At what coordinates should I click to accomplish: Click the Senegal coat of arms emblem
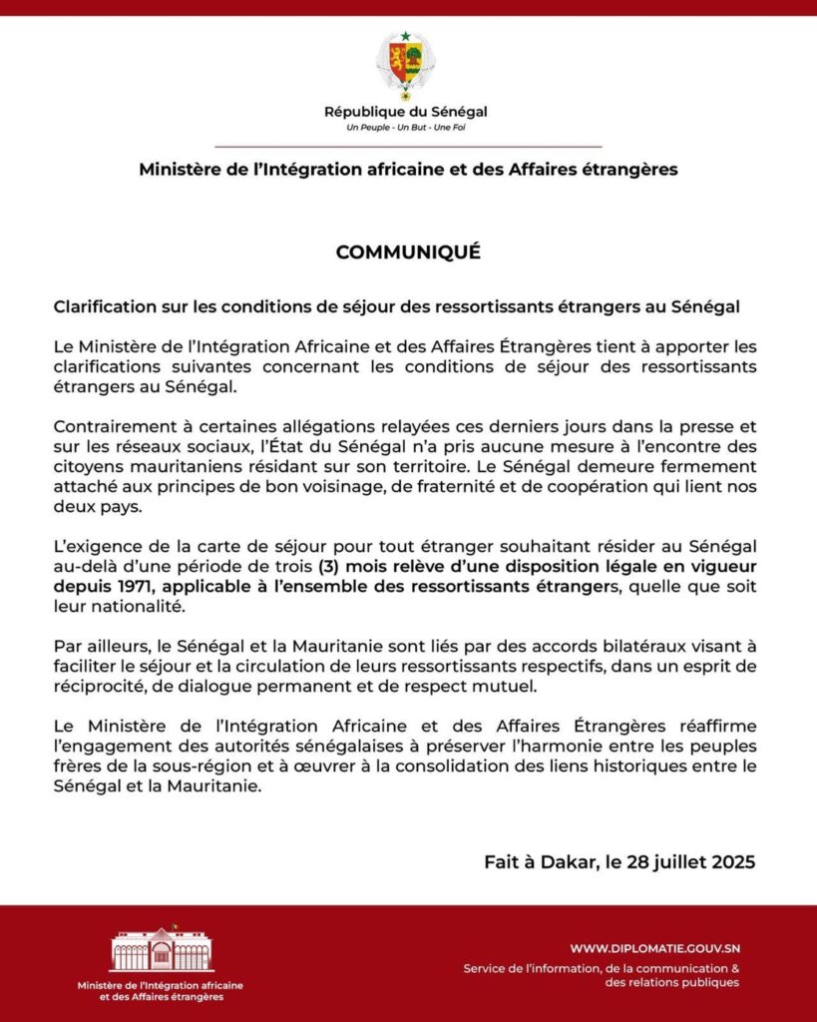pyautogui.click(x=405, y=64)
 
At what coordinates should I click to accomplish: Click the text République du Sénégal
pyautogui.click(x=406, y=112)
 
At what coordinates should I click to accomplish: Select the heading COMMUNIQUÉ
pyautogui.click(x=408, y=253)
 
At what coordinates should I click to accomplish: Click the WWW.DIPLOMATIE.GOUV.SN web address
pyautogui.click(x=654, y=948)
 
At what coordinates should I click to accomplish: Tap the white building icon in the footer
pyautogui.click(x=161, y=951)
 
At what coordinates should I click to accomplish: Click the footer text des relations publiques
pyautogui.click(x=671, y=983)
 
